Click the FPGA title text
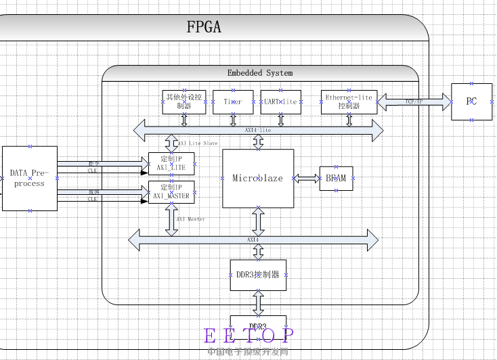[204, 28]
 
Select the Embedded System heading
[260, 72]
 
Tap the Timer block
[233, 102]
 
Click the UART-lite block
[280, 102]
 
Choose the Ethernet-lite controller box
[349, 102]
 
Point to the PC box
[472, 102]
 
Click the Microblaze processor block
[258, 178]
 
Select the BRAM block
[336, 178]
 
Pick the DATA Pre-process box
[29, 179]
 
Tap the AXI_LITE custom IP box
[171, 163]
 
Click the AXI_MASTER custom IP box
[171, 192]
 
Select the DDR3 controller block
[258, 275]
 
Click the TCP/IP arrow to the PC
[414, 102]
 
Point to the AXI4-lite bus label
[258, 129]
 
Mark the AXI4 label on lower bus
[253, 240]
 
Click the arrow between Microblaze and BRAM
[307, 178]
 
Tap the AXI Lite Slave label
[198, 143]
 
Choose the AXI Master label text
[191, 219]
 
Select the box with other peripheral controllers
[184, 102]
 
